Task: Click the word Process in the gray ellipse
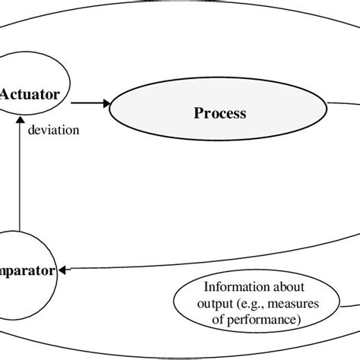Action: point(219,114)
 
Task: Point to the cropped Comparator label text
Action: point(27,270)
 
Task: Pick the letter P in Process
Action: point(197,114)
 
